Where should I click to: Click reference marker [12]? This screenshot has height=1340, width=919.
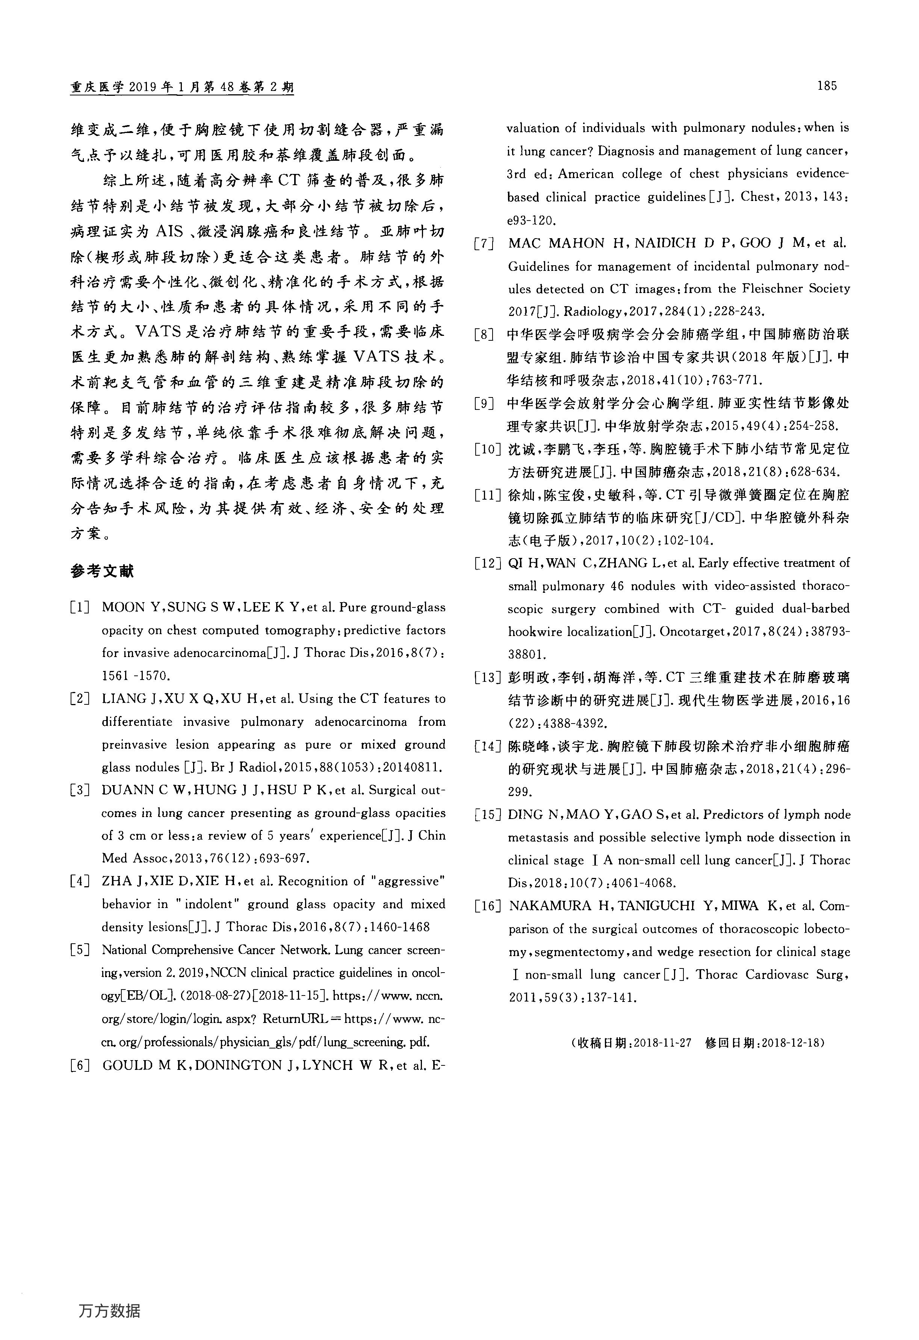[487, 563]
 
